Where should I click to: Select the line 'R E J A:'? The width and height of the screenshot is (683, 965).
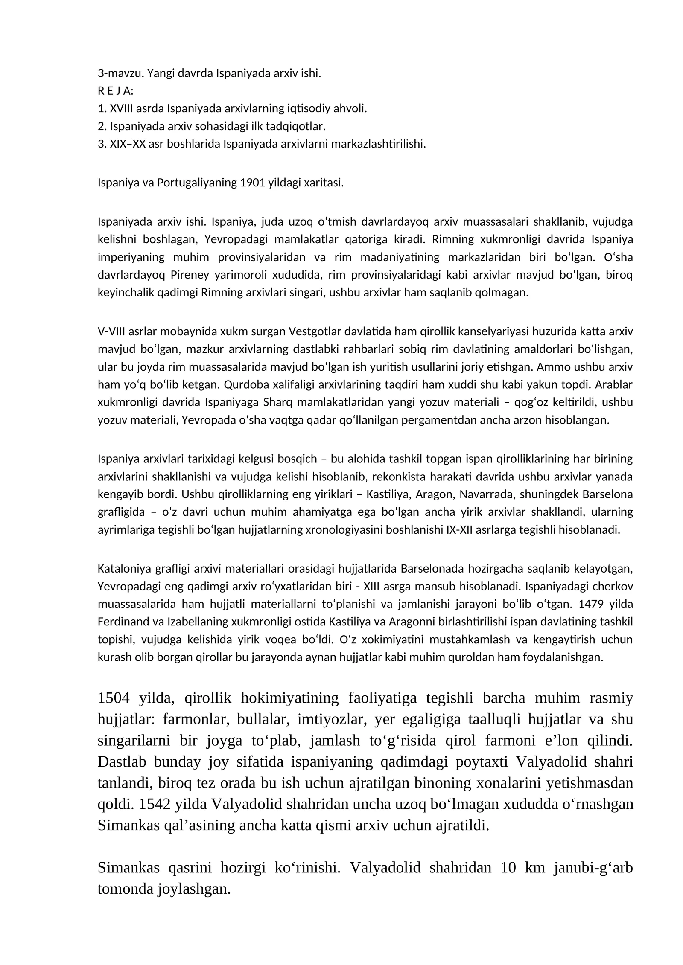[x=116, y=91]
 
